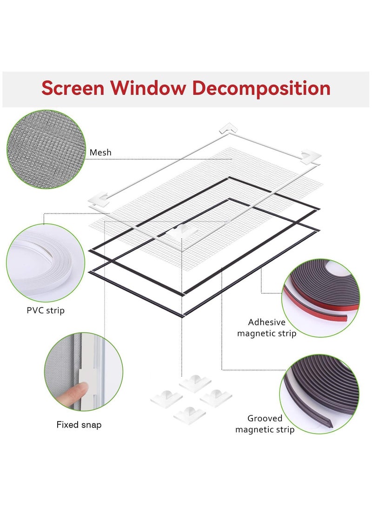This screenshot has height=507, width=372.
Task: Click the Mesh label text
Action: [100, 152]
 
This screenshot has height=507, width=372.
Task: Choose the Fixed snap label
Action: [79, 424]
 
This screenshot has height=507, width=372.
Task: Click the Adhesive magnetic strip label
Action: [266, 328]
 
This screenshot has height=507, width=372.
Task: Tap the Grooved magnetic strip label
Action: [265, 424]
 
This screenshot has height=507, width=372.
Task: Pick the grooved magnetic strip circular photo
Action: [320, 395]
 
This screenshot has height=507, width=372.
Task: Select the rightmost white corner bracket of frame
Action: [311, 157]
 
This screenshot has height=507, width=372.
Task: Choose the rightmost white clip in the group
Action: [216, 396]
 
